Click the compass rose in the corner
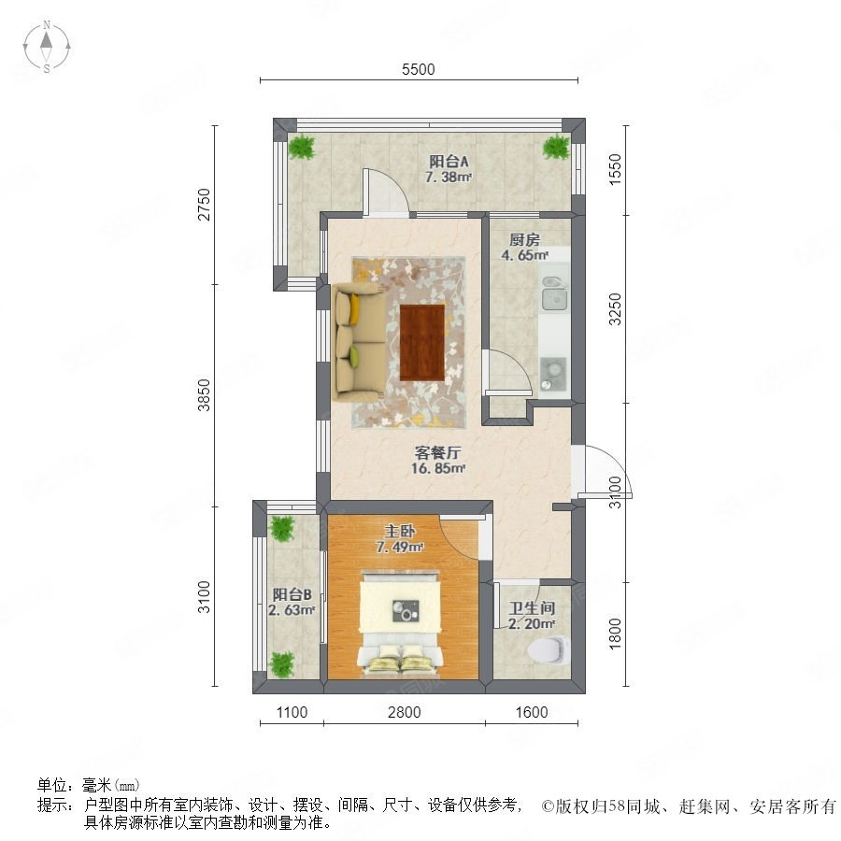tap(47, 47)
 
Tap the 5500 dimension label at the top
tap(419, 69)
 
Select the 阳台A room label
tap(449, 161)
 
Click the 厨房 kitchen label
tap(524, 239)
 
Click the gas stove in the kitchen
tap(553, 373)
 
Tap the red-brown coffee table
tap(422, 342)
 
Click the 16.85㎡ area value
tap(437, 468)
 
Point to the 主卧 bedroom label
tap(400, 531)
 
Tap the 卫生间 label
tap(532, 608)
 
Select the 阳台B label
tap(292, 594)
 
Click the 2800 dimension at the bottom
tap(405, 712)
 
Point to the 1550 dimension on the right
tap(615, 169)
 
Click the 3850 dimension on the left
tap(205, 395)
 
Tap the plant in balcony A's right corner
tap(556, 147)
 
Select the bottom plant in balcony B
tap(281, 664)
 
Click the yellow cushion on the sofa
tap(354, 309)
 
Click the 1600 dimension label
tap(532, 712)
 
